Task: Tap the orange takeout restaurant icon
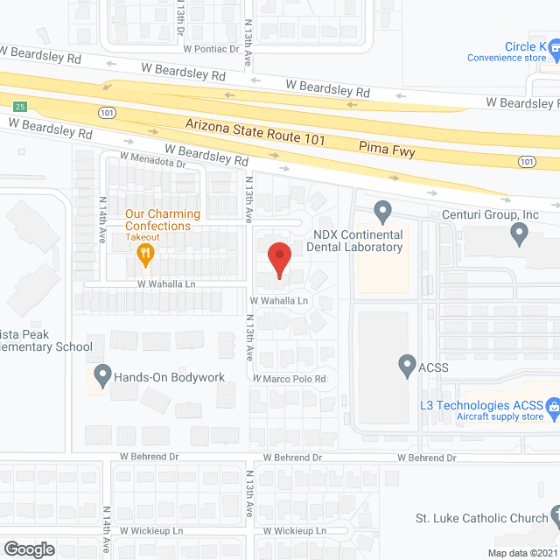click(146, 254)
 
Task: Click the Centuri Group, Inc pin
click(519, 234)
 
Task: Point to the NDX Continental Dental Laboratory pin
click(381, 212)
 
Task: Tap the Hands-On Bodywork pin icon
click(103, 376)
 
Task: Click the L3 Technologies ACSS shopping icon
click(552, 407)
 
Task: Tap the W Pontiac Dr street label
click(209, 49)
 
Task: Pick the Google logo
click(28, 549)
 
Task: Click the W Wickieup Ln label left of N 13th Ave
click(151, 530)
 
